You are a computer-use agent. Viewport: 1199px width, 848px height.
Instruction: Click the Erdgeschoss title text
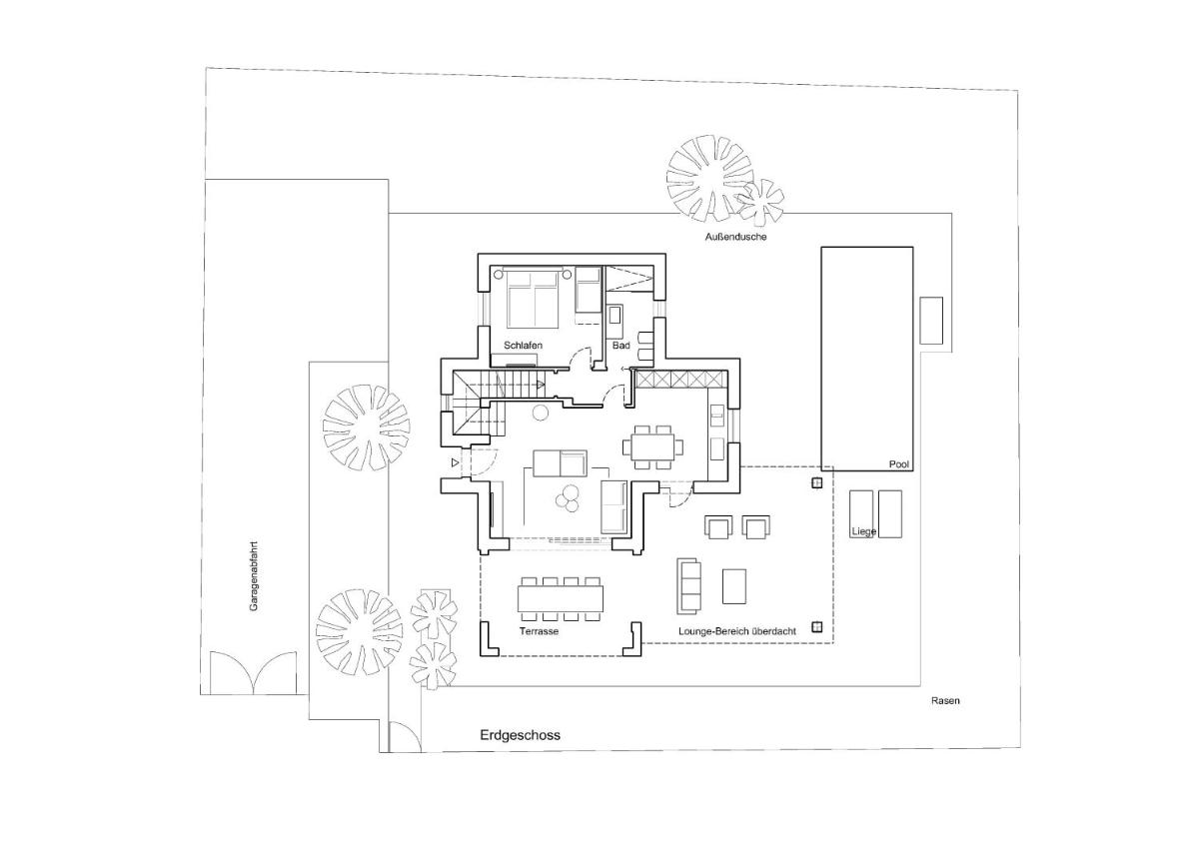point(520,735)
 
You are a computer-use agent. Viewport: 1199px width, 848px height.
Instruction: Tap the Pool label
point(898,464)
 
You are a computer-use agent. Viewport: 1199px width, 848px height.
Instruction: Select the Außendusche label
point(735,237)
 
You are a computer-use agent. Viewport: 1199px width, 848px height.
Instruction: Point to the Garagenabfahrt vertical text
point(254,576)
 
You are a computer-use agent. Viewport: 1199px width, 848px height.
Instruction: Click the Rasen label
point(945,700)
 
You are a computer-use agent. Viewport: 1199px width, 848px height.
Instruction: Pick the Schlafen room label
point(523,345)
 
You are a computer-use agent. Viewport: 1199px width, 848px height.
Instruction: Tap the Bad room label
point(620,345)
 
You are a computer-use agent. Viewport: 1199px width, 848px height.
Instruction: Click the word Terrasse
point(539,631)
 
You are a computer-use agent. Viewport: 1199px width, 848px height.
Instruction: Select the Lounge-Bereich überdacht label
point(737,631)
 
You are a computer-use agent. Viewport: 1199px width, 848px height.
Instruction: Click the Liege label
point(863,531)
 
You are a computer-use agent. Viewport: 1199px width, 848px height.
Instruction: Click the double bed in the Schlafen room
point(532,297)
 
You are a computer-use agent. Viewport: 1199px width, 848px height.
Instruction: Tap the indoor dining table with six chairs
point(653,446)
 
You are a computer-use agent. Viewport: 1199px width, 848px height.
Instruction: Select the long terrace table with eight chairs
point(561,599)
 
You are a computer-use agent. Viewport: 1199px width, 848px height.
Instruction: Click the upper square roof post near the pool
point(817,483)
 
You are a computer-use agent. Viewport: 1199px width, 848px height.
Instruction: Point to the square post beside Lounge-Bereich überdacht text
point(817,627)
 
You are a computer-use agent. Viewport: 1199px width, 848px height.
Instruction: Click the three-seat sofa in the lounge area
point(688,586)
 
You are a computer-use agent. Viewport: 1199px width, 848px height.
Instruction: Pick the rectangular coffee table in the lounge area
point(734,586)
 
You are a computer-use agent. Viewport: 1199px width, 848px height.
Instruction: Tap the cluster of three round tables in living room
point(568,497)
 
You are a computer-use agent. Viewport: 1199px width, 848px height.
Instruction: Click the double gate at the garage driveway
point(253,673)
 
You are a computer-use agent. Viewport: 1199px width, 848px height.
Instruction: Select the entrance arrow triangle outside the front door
point(455,462)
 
